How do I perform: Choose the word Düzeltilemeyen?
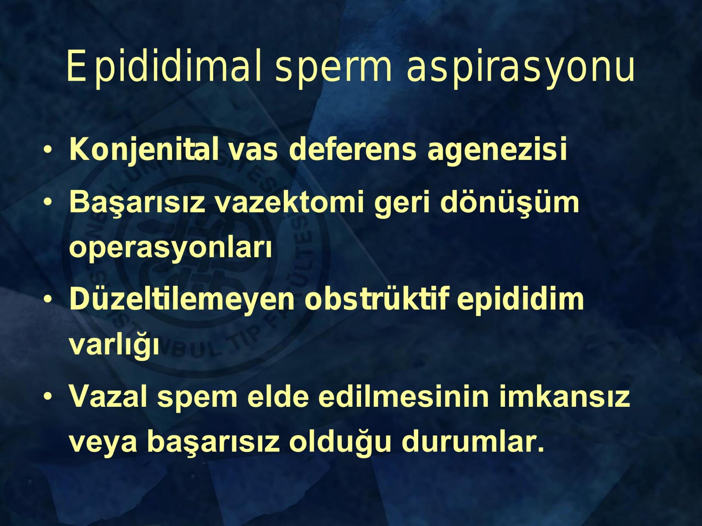182,299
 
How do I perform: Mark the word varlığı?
114,345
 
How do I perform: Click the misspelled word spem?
197,400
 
